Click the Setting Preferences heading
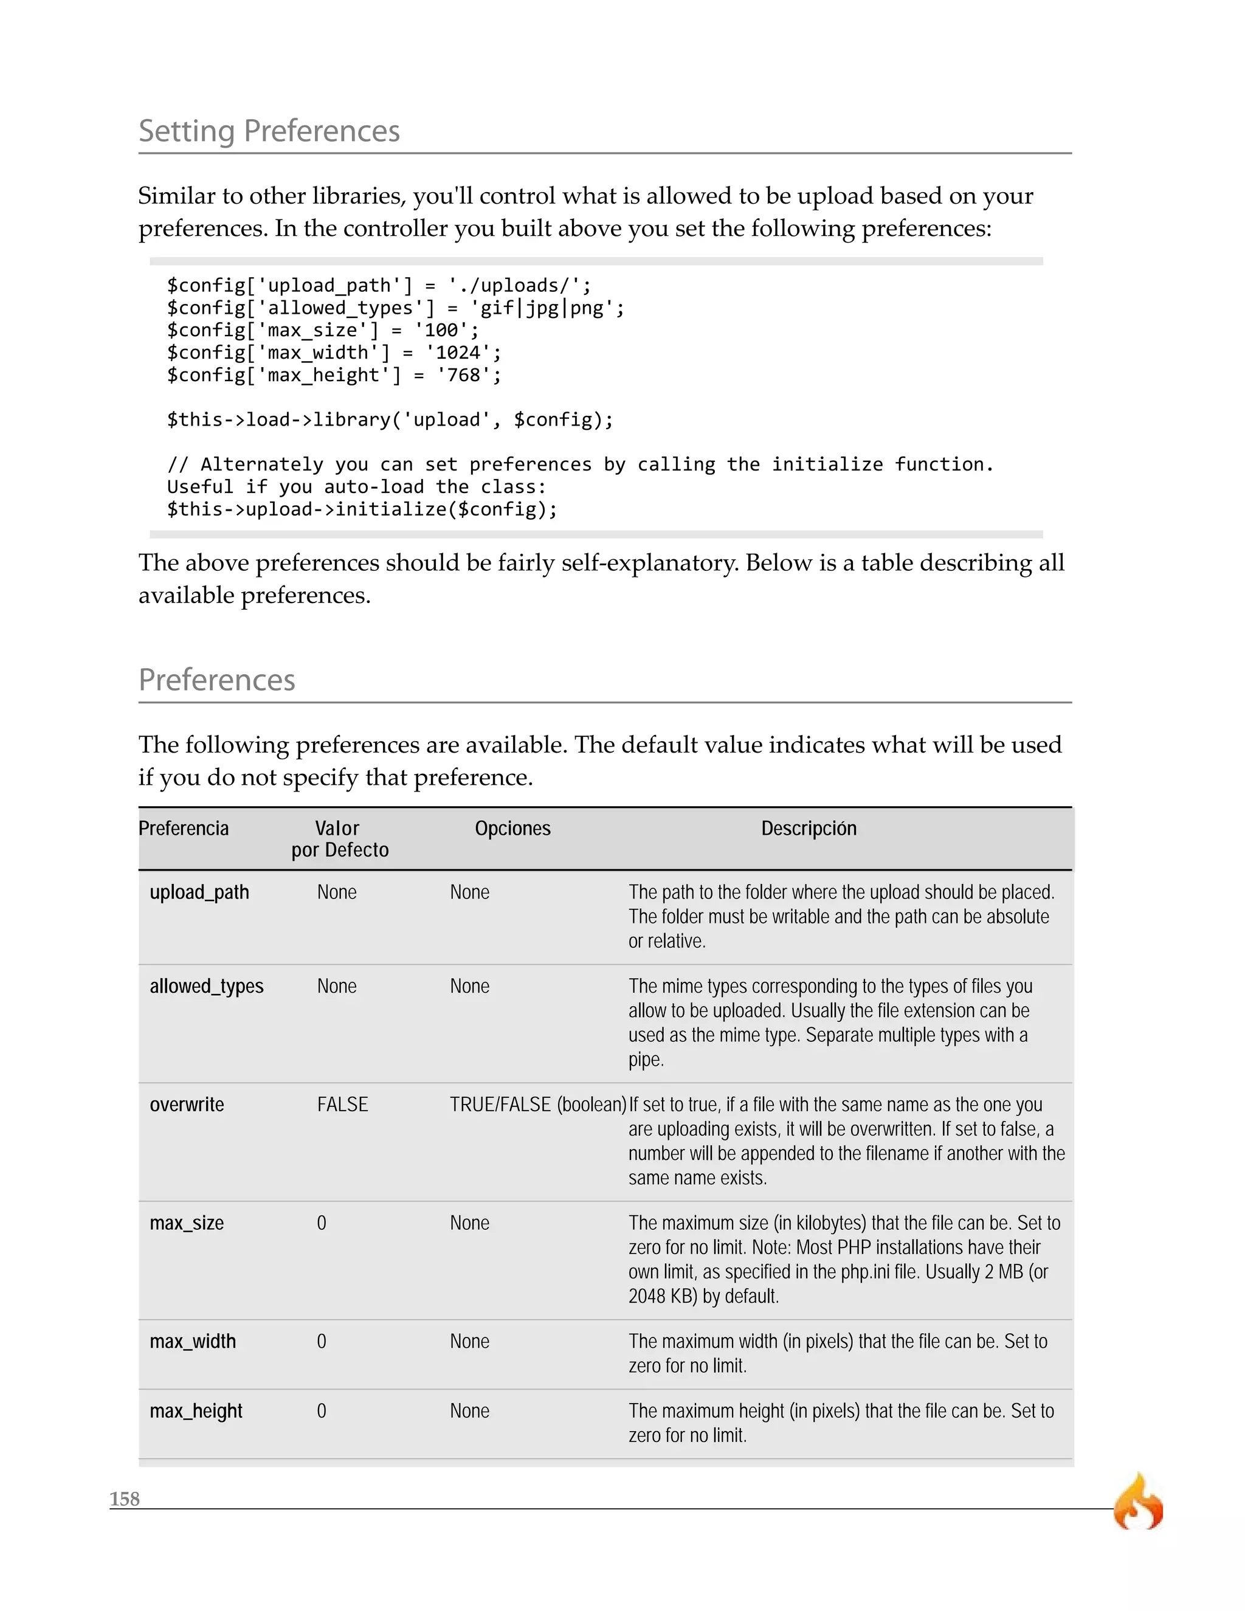pyautogui.click(x=269, y=131)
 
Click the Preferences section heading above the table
pyautogui.click(x=217, y=680)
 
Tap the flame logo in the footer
pyautogui.click(x=1138, y=1503)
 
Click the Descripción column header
pyautogui.click(x=809, y=829)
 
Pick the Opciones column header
pyautogui.click(x=512, y=829)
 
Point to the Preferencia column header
pyautogui.click(x=184, y=829)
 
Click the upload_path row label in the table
pyautogui.click(x=199, y=892)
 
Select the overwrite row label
pyautogui.click(x=187, y=1105)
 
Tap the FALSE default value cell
pyautogui.click(x=342, y=1105)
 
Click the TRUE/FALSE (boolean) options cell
pyautogui.click(x=537, y=1105)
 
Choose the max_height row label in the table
pyautogui.click(x=196, y=1411)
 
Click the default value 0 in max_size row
pyautogui.click(x=322, y=1223)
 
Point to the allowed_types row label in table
pyautogui.click(x=207, y=986)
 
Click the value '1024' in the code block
pyautogui.click(x=458, y=353)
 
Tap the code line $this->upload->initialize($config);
pyautogui.click(x=362, y=509)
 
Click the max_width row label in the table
pyautogui.click(x=193, y=1341)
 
